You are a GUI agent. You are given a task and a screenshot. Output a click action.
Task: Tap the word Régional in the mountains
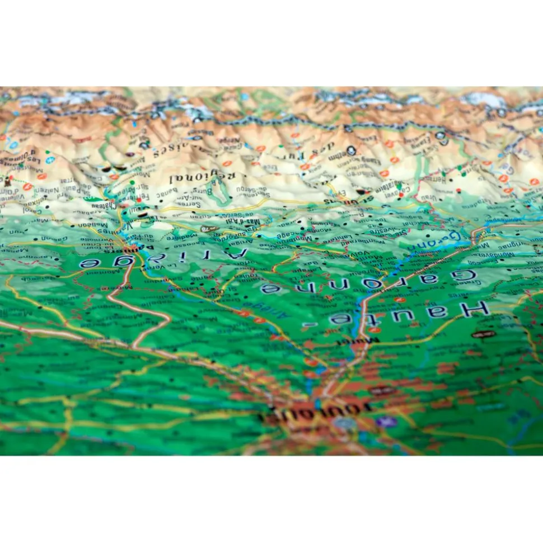pos(202,179)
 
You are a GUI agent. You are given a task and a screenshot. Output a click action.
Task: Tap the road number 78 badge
pos(208,229)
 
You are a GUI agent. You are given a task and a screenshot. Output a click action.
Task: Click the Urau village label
pos(428,197)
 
